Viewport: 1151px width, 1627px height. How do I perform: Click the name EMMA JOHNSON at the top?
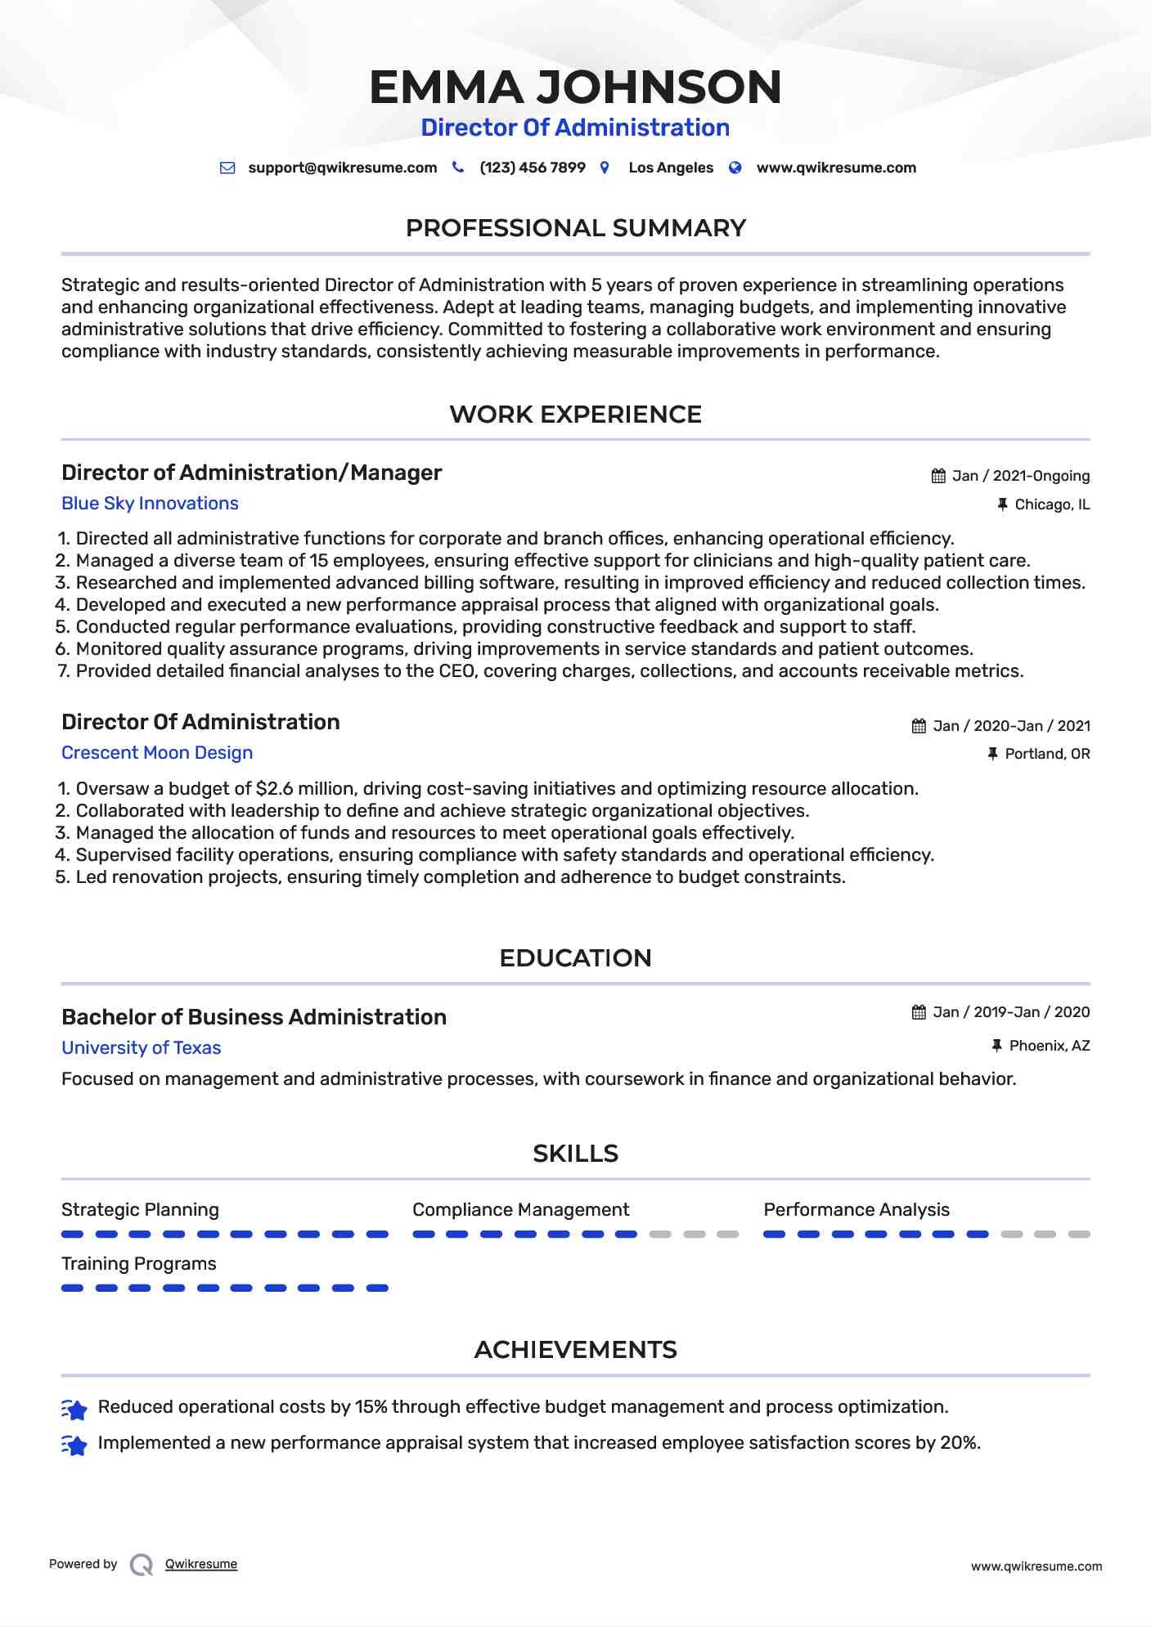coord(575,87)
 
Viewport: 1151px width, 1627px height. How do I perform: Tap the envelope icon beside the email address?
coord(227,168)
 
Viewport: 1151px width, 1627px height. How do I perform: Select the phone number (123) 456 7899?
coord(532,168)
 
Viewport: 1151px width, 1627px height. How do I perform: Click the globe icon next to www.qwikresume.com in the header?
coord(735,168)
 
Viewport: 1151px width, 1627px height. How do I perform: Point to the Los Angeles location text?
coord(670,168)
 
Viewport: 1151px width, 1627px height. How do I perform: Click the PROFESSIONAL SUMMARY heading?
coord(575,228)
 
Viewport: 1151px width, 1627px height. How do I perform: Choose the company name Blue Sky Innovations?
coord(150,504)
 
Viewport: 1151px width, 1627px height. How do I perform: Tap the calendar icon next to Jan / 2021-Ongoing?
coord(938,476)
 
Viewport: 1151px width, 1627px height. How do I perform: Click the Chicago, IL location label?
coord(1051,504)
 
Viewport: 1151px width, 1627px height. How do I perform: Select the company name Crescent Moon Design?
coord(157,753)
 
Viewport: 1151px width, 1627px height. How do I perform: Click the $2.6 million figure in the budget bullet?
coord(304,789)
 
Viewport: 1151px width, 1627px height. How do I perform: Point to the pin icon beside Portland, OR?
coord(992,754)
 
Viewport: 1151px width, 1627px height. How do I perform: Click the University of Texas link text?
coord(141,1048)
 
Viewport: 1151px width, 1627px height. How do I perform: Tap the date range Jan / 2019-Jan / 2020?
coord(1011,1012)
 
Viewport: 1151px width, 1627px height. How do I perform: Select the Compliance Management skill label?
coord(520,1210)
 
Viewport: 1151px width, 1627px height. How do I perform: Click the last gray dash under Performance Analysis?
coord(1079,1235)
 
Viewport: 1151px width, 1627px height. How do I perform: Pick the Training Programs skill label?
coord(139,1264)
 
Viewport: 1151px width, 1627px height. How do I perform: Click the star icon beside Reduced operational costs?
coord(74,1410)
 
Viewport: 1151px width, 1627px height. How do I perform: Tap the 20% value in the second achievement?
coord(959,1443)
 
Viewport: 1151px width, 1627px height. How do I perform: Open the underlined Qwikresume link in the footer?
coord(201,1564)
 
